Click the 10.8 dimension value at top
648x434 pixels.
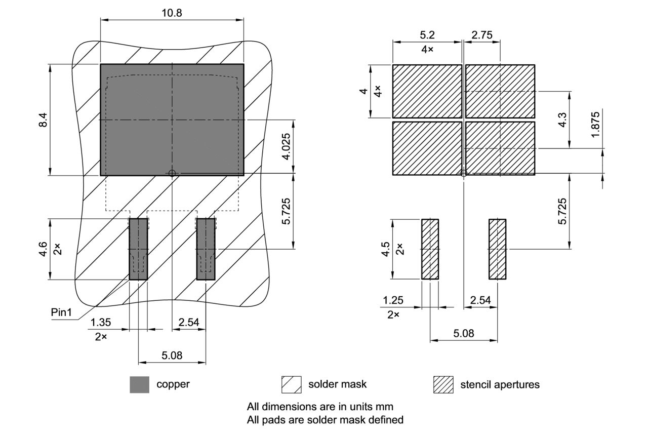click(x=172, y=13)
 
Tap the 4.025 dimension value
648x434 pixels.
click(x=287, y=146)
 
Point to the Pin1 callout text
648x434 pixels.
click(x=62, y=312)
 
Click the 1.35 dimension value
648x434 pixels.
click(x=101, y=323)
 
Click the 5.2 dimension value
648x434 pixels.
click(x=427, y=35)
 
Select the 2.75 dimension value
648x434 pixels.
click(x=482, y=35)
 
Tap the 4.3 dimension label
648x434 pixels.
click(x=562, y=121)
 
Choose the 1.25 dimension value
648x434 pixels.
click(x=393, y=300)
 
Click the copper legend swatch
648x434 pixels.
click(x=139, y=384)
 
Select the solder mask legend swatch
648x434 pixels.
click(x=292, y=384)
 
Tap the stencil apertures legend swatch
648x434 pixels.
click(x=443, y=384)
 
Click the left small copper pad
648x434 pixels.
click(x=138, y=249)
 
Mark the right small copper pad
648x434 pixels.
click(x=206, y=249)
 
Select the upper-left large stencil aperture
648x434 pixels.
click(x=427, y=92)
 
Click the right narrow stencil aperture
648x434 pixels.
click(x=497, y=249)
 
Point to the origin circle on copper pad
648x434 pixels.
click(x=172, y=173)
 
